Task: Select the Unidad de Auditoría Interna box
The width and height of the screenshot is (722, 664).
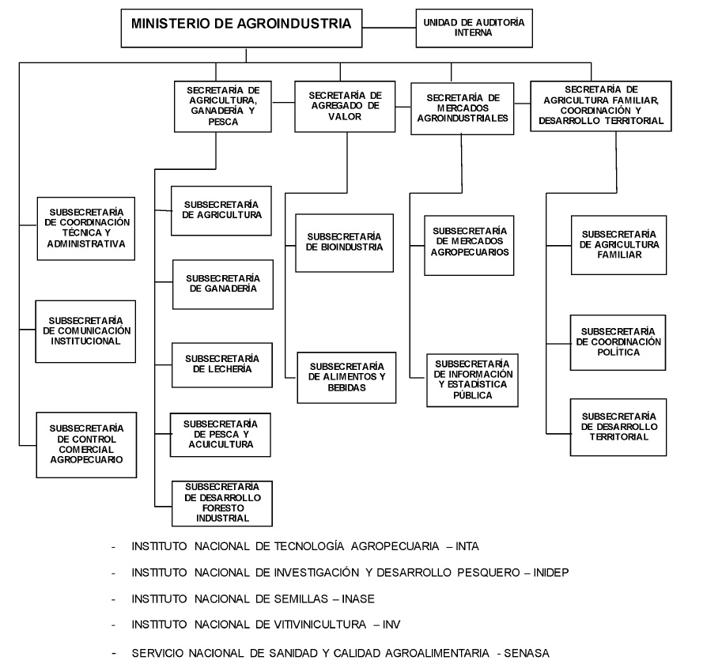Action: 474,28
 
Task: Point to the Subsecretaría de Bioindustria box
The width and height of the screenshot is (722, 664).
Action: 344,243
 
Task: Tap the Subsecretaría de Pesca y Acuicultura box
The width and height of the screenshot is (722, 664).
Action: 221,434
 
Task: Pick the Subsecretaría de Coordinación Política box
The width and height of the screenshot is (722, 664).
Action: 618,342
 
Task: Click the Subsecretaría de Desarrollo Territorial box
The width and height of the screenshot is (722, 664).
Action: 618,427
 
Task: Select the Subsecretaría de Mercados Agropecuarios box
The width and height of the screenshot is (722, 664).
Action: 469,246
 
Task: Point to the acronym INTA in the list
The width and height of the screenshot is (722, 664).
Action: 467,546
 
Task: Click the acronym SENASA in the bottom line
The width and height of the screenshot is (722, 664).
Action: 528,653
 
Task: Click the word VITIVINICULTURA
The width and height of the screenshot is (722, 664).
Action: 322,625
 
